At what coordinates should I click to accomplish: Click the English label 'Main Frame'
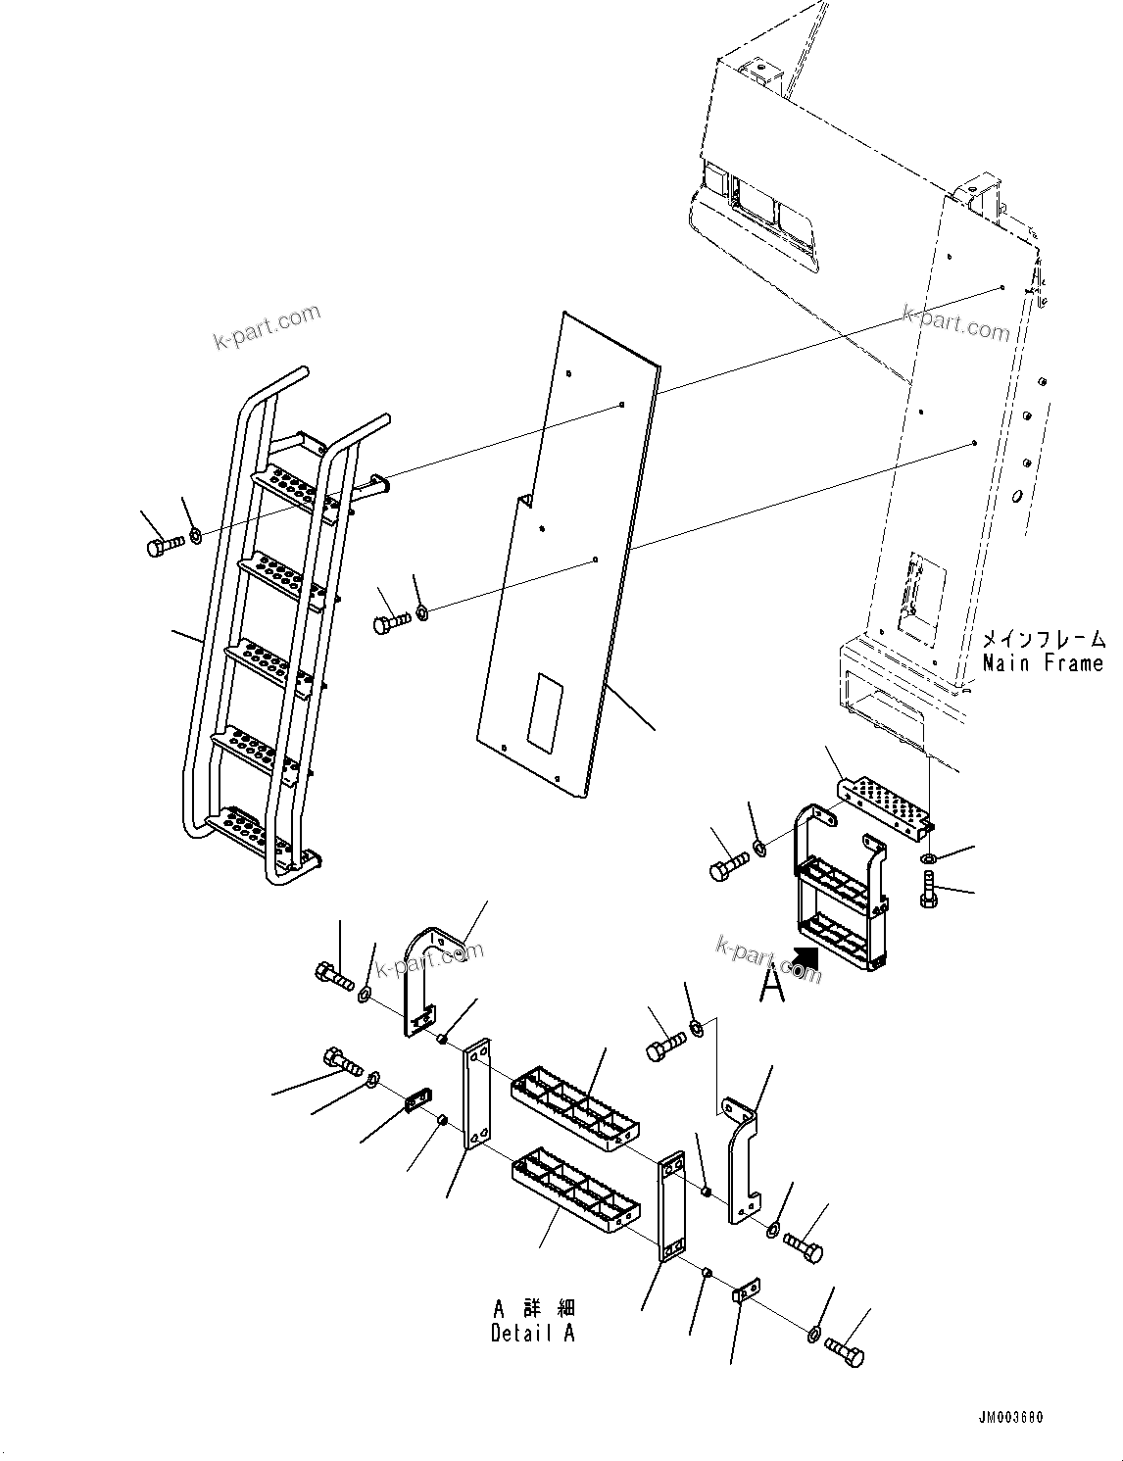coord(1043,663)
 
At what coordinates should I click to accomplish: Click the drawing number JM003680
coord(1011,1418)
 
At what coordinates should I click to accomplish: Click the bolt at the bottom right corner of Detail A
coord(846,1352)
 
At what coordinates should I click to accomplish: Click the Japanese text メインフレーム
coord(1045,640)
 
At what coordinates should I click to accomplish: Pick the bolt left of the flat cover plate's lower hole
coord(392,621)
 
